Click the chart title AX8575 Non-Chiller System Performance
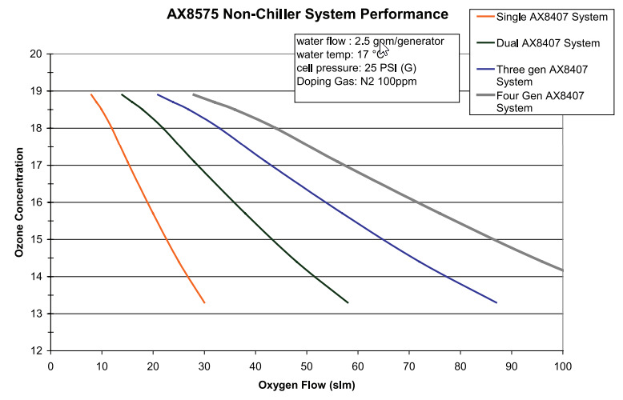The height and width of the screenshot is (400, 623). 312,14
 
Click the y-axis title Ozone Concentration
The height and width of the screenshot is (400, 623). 18,202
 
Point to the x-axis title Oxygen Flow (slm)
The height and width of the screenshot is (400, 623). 307,385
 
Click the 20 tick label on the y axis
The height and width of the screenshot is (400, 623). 35,54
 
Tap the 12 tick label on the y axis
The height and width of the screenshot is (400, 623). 35,350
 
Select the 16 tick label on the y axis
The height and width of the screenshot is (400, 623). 35,202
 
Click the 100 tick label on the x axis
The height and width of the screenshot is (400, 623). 563,366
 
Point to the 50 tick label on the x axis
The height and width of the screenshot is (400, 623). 307,366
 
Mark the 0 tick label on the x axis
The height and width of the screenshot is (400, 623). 50,366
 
